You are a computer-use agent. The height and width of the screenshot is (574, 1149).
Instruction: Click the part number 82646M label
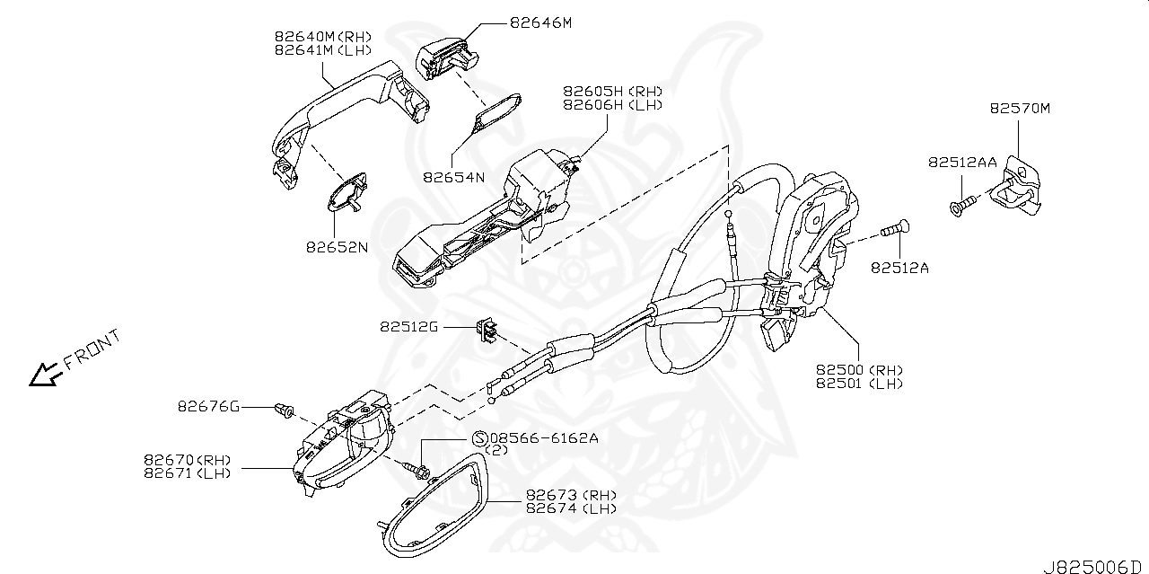point(539,22)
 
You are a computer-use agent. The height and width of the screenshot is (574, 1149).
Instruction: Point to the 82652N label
point(337,246)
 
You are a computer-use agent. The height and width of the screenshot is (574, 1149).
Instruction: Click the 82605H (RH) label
point(612,92)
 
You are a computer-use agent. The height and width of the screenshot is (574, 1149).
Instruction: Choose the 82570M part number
point(1020,109)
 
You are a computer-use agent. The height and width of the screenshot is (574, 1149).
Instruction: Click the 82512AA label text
point(962,162)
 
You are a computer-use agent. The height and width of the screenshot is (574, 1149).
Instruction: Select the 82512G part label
point(408,328)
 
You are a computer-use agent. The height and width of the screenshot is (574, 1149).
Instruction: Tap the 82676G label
point(208,408)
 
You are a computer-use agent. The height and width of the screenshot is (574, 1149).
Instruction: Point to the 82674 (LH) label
point(570,508)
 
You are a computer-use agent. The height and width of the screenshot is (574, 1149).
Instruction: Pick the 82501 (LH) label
point(859,384)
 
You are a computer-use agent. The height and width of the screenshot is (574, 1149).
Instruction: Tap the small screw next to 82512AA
point(959,207)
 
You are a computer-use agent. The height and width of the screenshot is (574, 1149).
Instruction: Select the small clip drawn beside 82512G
point(487,331)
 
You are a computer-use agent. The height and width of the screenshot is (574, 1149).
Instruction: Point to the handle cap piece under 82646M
point(444,56)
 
